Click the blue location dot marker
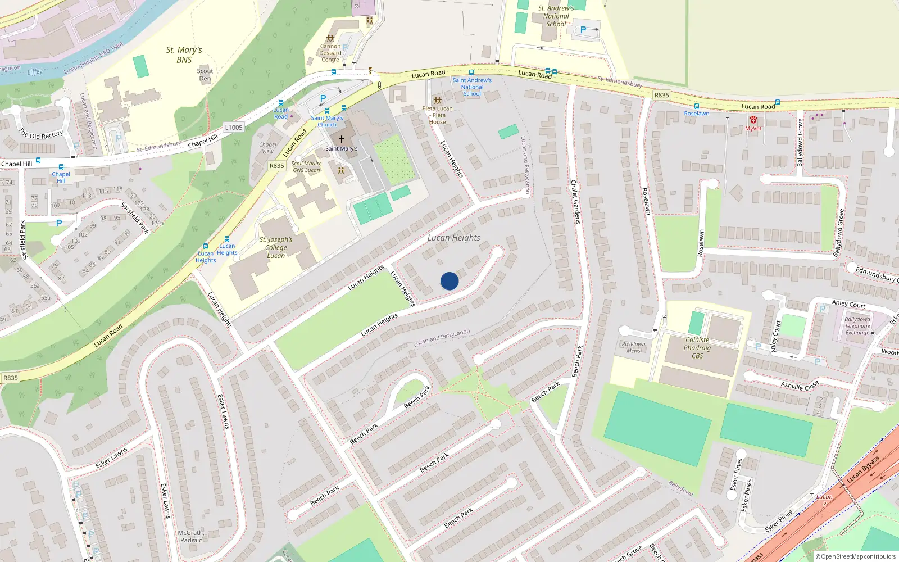(x=449, y=281)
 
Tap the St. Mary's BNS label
(x=184, y=55)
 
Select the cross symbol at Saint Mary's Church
(x=341, y=139)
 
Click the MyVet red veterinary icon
(x=753, y=120)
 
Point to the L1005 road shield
(x=234, y=128)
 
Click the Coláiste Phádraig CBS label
(x=697, y=348)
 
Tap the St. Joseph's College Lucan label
(x=276, y=247)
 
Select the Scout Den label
(x=205, y=75)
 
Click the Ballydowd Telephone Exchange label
(x=857, y=326)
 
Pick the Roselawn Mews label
(x=633, y=347)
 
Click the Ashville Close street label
(x=800, y=386)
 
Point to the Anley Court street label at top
(x=848, y=304)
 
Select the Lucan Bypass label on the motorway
(x=864, y=469)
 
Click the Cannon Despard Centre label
(x=330, y=53)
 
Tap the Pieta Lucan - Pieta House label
(x=437, y=115)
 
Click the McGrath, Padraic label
(x=191, y=537)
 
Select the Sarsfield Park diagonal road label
(x=135, y=217)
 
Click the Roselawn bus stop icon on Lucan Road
(x=697, y=106)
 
